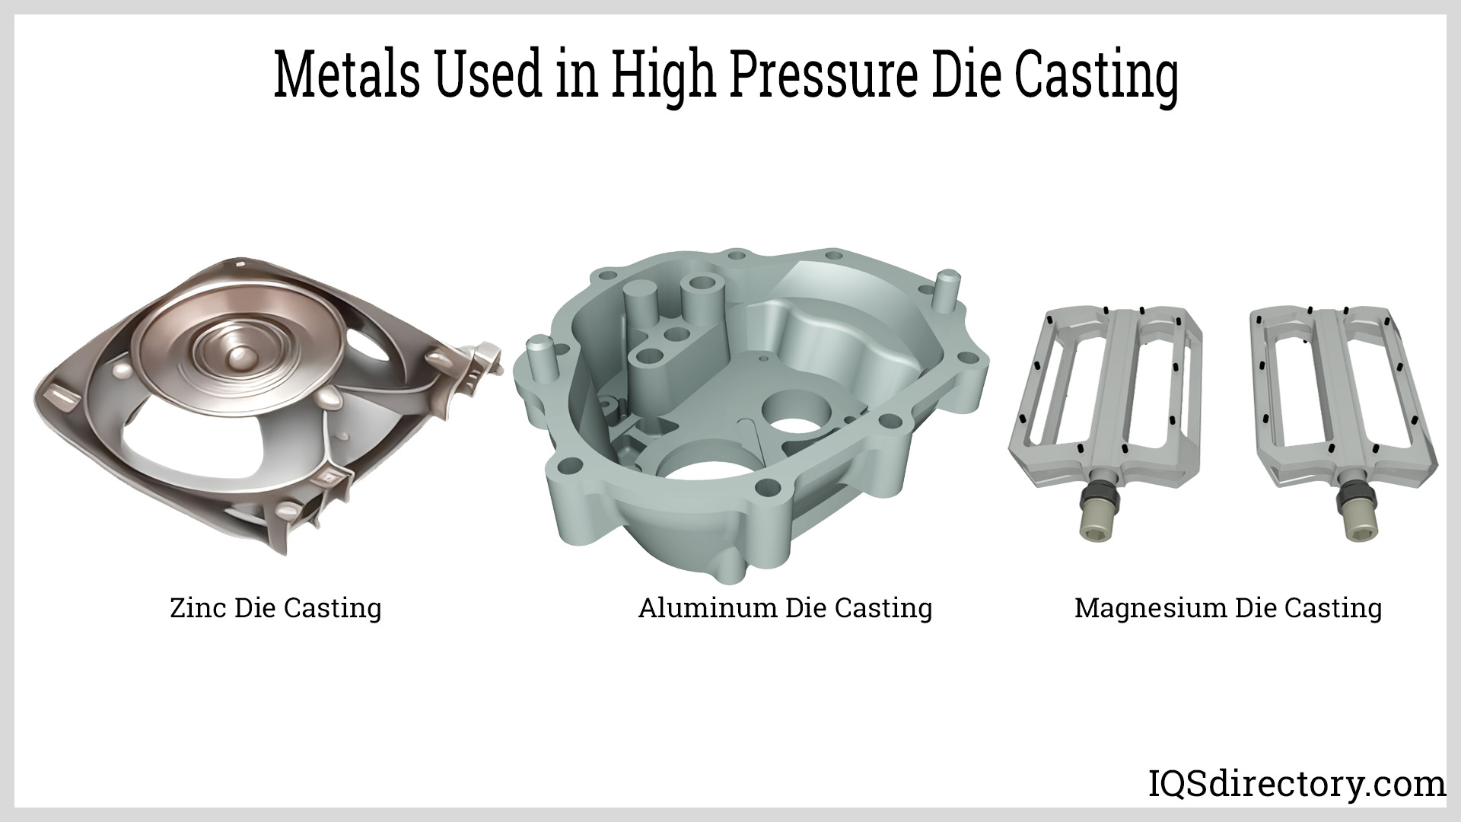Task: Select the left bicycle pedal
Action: pyautogui.click(x=1106, y=422)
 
